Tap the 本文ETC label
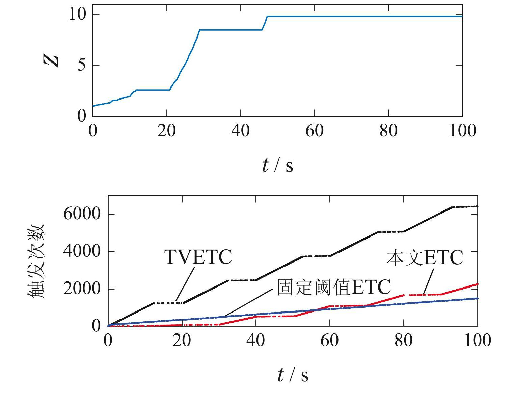coord(425,258)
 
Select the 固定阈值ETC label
coord(333,287)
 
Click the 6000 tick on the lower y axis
coord(82,214)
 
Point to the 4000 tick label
coord(82,251)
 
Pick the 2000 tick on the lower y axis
coord(82,289)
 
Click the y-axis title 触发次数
coord(36,260)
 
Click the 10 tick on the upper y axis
coord(78,15)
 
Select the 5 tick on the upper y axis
coord(82,65)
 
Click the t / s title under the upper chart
coord(277,166)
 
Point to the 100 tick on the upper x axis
coord(462,130)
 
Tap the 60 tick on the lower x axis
coord(329,340)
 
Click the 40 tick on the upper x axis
coord(240,130)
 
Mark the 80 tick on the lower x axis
coord(403,340)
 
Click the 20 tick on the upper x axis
coord(166,130)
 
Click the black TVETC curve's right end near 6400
coord(476,206)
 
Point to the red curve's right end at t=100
coord(477,284)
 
